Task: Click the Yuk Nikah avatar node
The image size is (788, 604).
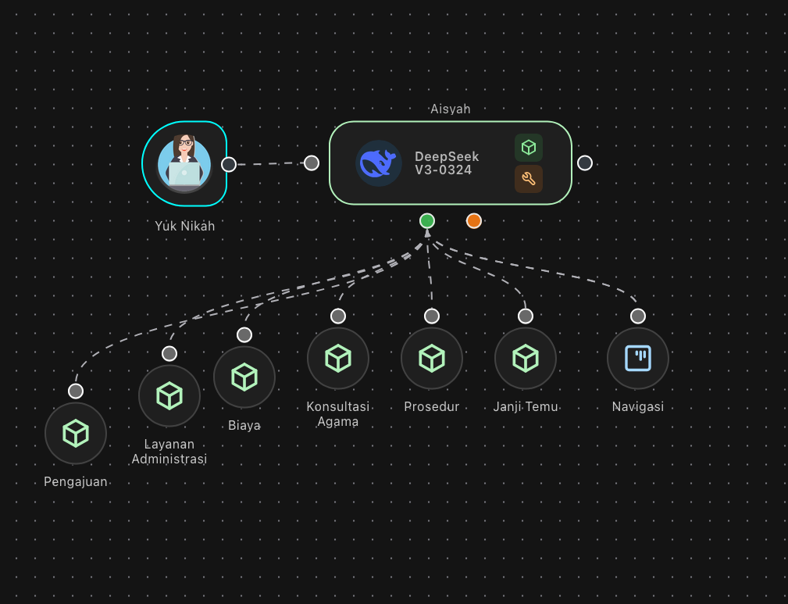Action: [184, 164]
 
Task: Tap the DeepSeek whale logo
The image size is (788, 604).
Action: [379, 163]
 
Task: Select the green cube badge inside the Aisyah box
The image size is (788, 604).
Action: [529, 148]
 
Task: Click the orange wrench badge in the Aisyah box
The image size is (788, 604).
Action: [529, 179]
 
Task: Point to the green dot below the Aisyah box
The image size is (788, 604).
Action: [427, 220]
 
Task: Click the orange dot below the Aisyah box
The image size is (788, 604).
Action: [474, 220]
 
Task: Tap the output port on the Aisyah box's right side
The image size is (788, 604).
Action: [585, 163]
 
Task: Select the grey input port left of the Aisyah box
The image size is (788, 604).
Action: [312, 163]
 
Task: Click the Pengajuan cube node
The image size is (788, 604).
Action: [76, 433]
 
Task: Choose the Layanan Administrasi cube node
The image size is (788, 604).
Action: [169, 395]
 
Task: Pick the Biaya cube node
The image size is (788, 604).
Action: [244, 377]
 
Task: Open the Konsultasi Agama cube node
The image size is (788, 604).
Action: [338, 358]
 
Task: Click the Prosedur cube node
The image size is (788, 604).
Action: [432, 358]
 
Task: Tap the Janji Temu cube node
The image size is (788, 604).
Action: [526, 358]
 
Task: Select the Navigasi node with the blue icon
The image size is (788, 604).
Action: [638, 358]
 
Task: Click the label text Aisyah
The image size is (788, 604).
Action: [451, 109]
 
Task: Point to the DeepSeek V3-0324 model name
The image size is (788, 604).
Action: [447, 163]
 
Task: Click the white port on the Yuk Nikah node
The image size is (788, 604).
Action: [229, 164]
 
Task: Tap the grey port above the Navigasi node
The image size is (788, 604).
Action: [638, 316]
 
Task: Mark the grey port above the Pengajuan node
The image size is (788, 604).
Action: [76, 391]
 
